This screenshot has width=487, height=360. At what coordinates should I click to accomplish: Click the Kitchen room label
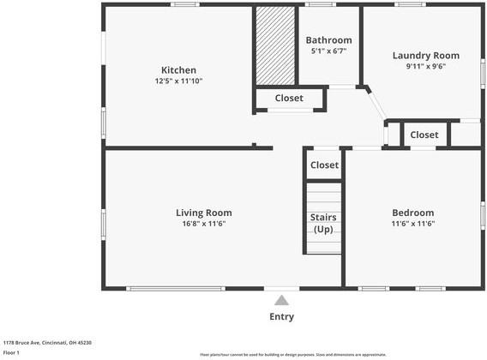pyautogui.click(x=178, y=70)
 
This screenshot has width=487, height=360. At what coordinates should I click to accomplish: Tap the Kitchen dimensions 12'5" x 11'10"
pyautogui.click(x=178, y=81)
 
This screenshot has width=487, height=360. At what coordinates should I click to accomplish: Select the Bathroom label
pyautogui.click(x=329, y=40)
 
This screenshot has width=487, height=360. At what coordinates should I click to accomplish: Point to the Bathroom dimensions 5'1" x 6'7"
pyautogui.click(x=329, y=51)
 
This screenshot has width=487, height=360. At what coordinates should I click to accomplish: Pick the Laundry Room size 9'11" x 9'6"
pyautogui.click(x=420, y=66)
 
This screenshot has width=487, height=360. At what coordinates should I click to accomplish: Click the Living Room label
pyautogui.click(x=204, y=213)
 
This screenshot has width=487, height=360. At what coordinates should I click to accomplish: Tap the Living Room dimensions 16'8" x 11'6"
pyautogui.click(x=204, y=224)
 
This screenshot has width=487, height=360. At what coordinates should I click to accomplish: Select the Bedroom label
pyautogui.click(x=413, y=213)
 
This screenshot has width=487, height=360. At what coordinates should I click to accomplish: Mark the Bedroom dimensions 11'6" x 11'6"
pyautogui.click(x=413, y=224)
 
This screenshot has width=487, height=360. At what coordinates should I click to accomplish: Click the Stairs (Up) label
pyautogui.click(x=323, y=223)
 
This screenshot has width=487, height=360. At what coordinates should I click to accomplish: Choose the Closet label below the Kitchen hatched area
pyautogui.click(x=289, y=99)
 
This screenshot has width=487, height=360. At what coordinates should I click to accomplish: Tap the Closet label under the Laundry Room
pyautogui.click(x=424, y=135)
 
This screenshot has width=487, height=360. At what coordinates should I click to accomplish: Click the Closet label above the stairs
pyautogui.click(x=324, y=165)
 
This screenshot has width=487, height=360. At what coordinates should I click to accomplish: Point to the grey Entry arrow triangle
pyautogui.click(x=281, y=300)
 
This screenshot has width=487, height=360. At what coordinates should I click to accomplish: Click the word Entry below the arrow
pyautogui.click(x=281, y=316)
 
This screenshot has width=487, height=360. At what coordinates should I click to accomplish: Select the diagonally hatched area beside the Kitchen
pyautogui.click(x=274, y=47)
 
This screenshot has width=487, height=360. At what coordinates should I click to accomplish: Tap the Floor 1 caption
pyautogui.click(x=11, y=352)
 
